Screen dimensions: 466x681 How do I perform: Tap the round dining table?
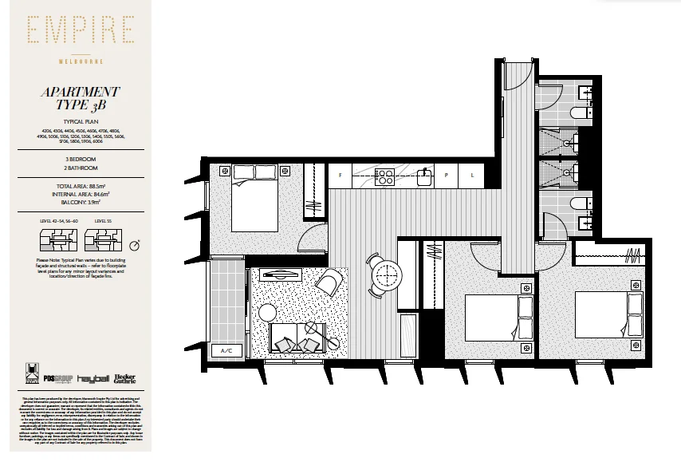click(387, 275)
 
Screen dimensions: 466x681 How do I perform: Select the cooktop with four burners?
click(385, 176)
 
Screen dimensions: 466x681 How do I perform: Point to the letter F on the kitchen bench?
click(340, 175)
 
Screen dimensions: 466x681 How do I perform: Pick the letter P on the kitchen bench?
click(447, 175)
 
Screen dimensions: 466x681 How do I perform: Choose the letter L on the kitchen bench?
click(472, 175)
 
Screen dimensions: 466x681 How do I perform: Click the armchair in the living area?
click(330, 280)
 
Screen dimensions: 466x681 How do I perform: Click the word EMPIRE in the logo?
click(79, 32)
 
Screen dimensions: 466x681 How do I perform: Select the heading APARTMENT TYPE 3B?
click(80, 99)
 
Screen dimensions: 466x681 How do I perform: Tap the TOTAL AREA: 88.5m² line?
click(80, 185)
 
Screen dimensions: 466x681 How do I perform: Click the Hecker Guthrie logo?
click(124, 378)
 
